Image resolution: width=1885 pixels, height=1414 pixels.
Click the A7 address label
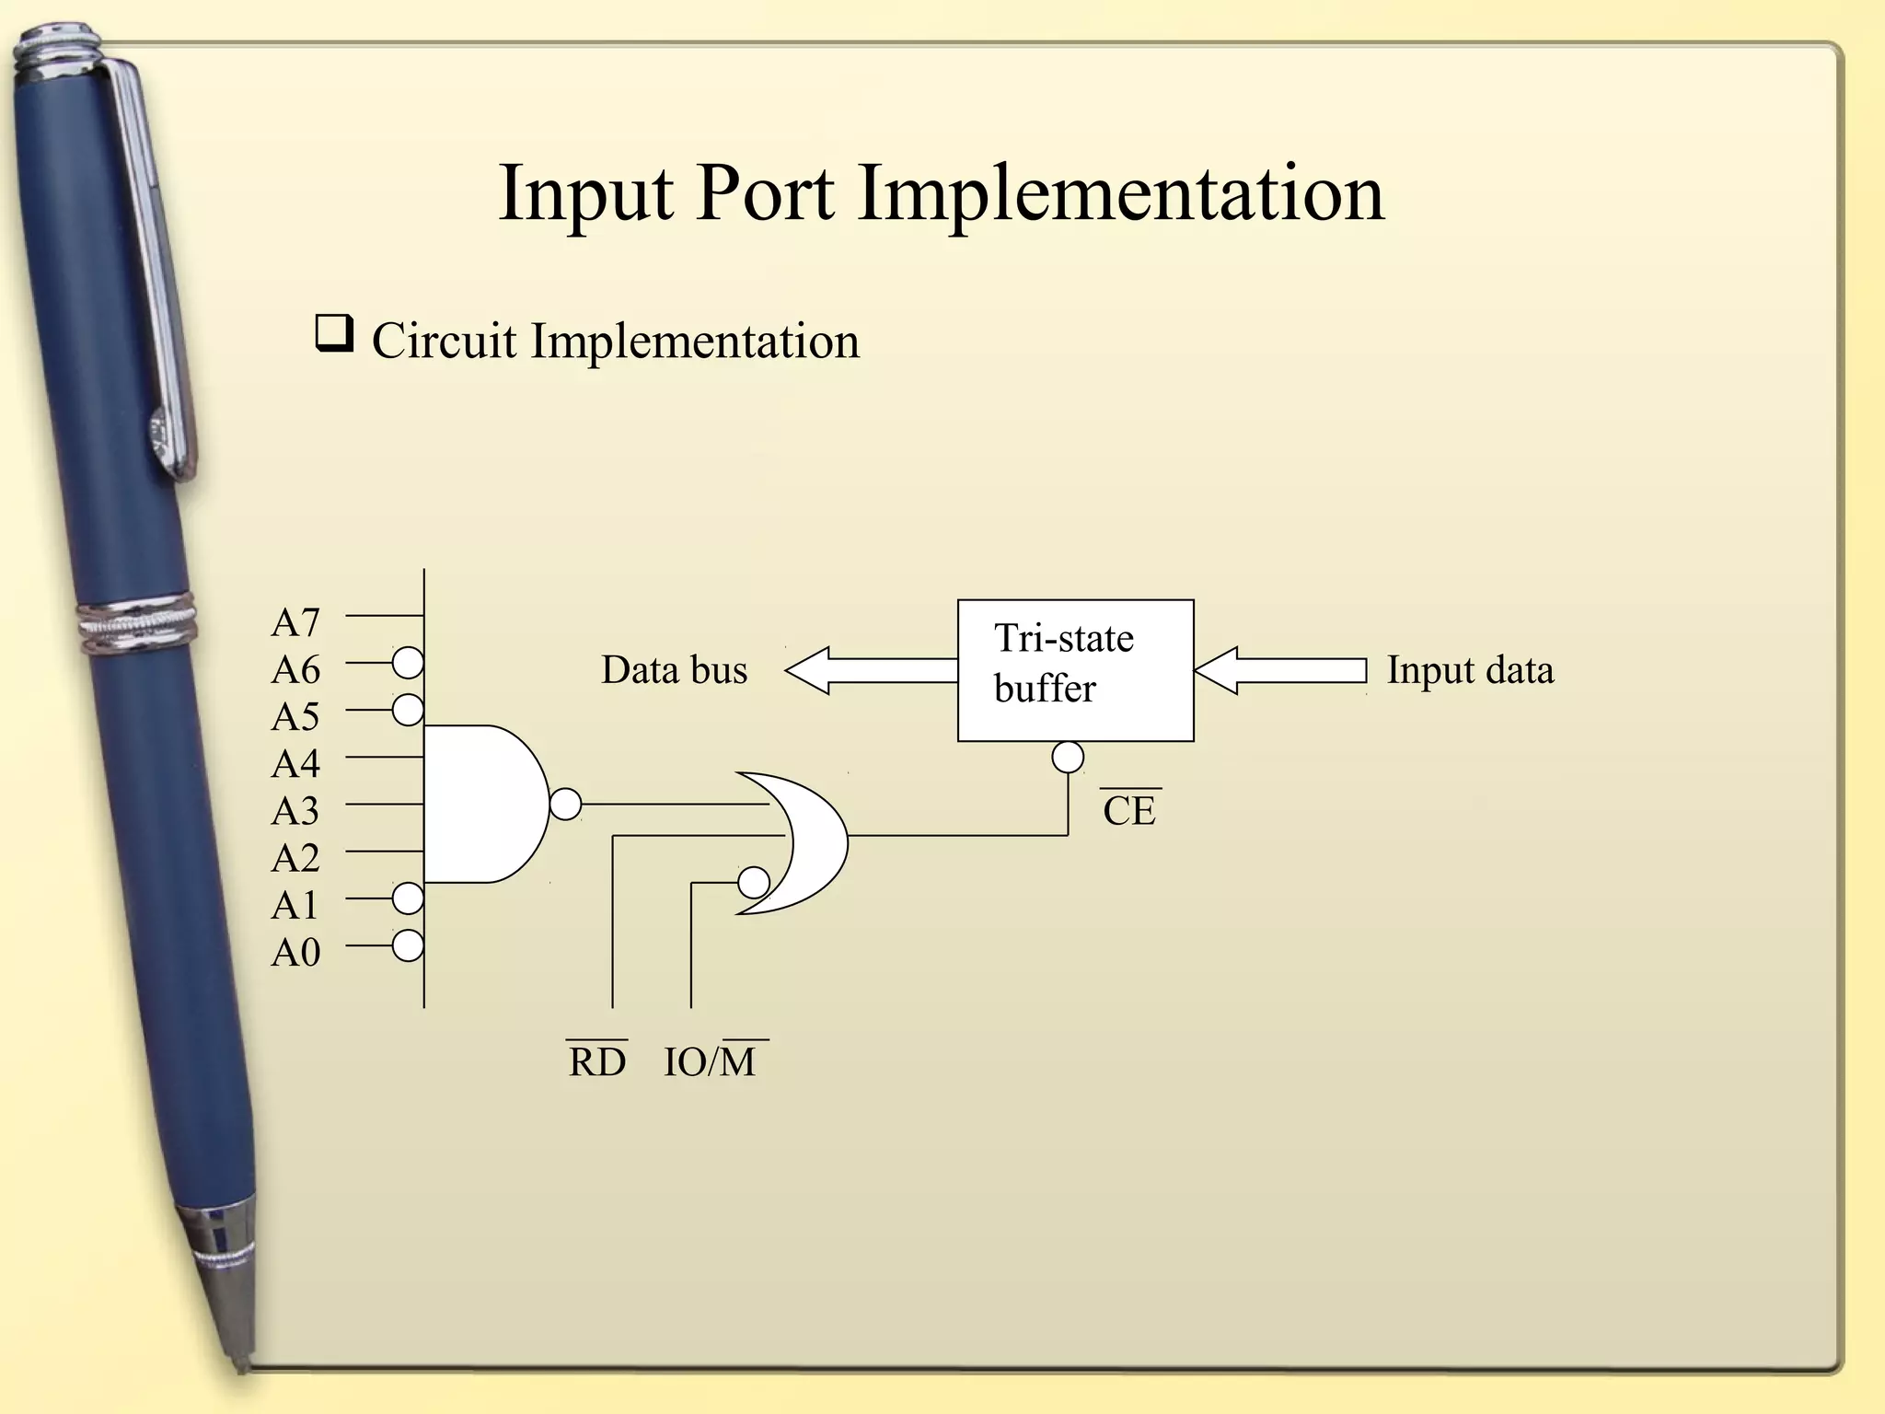point(295,623)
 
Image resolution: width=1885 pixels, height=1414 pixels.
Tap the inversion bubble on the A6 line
point(408,662)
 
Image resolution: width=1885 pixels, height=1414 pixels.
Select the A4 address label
point(295,764)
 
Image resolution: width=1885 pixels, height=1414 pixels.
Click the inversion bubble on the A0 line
point(408,945)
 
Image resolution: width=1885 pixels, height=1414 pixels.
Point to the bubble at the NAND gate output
point(566,804)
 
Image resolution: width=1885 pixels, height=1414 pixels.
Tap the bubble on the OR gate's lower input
point(754,883)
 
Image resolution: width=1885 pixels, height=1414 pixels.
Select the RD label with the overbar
point(596,1061)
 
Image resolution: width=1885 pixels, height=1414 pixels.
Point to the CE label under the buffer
point(1129,810)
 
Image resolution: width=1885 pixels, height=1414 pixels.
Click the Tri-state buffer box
point(1075,670)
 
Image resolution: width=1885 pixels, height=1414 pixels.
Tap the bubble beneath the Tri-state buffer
point(1068,758)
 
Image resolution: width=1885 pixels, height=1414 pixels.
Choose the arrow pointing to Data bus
point(870,670)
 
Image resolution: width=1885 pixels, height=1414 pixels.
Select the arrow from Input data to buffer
point(1279,670)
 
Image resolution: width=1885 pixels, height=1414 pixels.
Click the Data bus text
point(674,670)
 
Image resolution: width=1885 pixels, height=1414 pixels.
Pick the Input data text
point(1470,670)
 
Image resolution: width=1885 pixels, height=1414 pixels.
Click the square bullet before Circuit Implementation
point(334,333)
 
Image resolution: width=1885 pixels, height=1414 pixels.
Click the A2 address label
point(295,859)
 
